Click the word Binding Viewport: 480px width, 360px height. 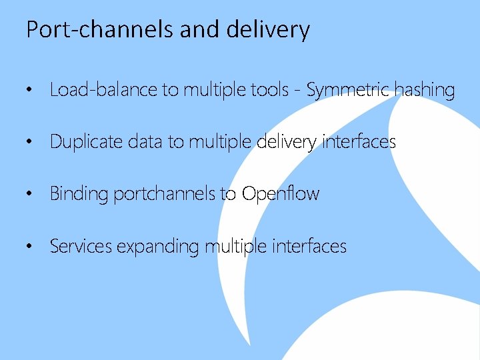click(79, 194)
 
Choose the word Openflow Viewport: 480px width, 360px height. click(281, 194)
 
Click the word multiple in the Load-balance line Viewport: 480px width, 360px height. click(217, 90)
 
